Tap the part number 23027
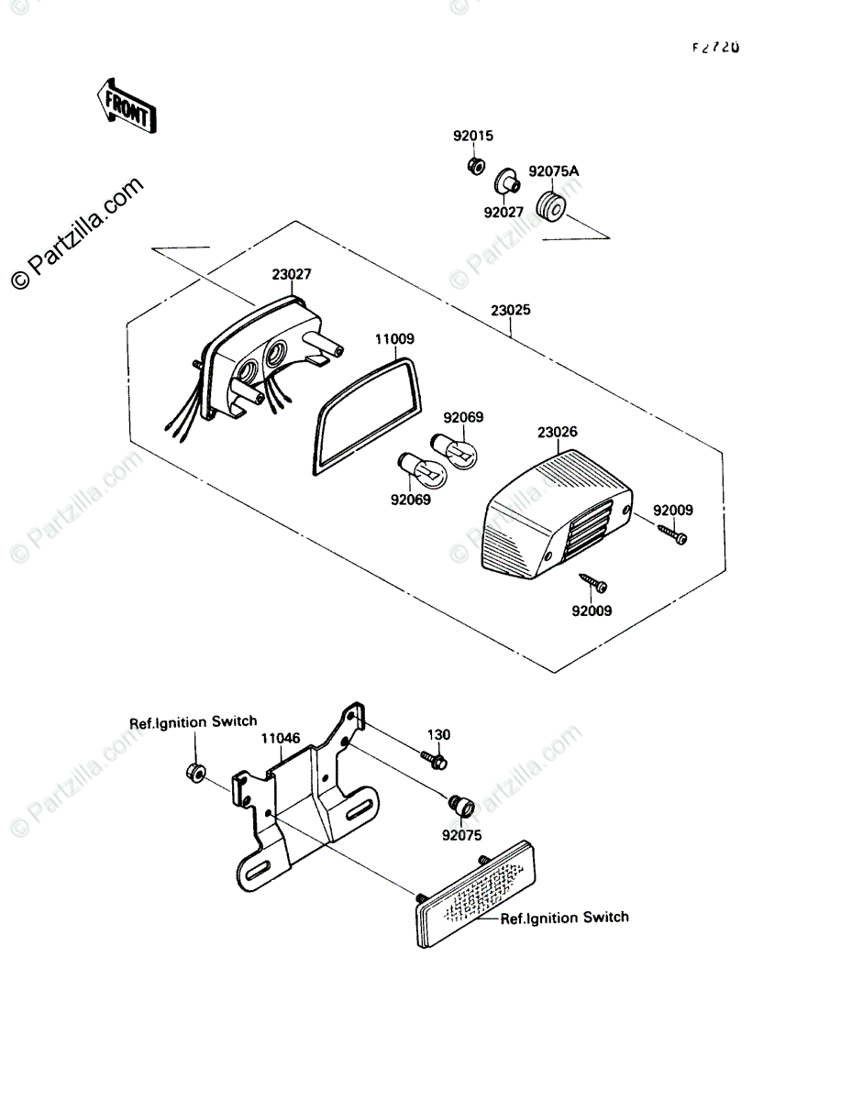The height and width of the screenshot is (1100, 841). point(291,273)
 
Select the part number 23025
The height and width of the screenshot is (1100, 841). point(510,311)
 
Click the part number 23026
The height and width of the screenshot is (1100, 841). point(558,431)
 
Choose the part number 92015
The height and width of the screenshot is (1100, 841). point(472,137)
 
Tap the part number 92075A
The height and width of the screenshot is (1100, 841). point(554,171)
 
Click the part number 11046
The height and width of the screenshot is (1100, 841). point(280,736)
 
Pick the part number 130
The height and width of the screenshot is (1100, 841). point(438,734)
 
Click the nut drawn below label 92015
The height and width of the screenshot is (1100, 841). point(475,167)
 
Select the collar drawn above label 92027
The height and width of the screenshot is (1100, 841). point(506,181)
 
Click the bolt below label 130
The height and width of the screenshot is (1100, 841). point(435,759)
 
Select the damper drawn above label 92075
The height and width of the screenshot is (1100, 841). point(460,807)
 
